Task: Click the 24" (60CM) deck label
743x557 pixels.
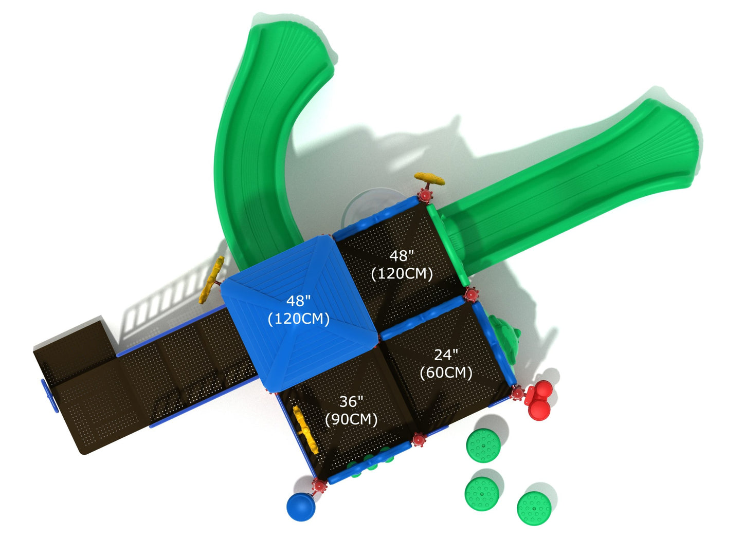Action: pos(446,363)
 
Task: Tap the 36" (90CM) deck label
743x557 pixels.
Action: pos(351,410)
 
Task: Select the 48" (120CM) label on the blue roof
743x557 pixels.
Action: pos(299,310)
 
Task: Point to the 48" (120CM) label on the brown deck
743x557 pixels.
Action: pos(402,264)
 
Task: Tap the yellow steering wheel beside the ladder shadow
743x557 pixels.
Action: pos(212,280)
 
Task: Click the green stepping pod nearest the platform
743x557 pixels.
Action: pos(483,445)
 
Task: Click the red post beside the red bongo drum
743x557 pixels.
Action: pos(517,394)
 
